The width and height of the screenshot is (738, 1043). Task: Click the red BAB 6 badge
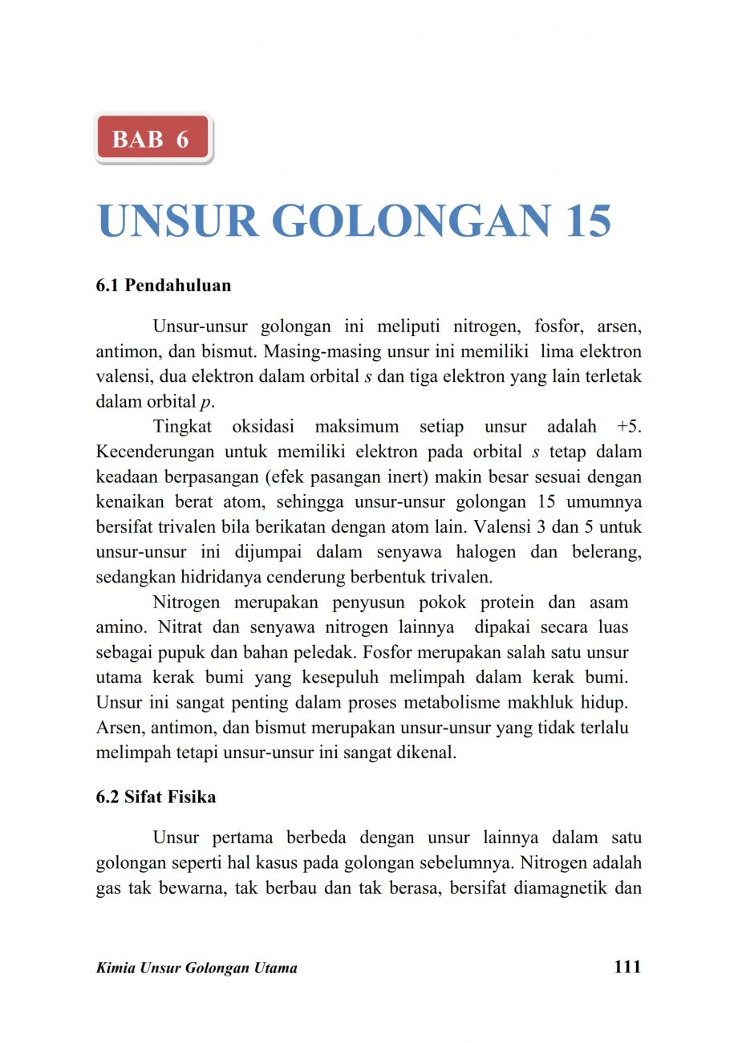click(x=152, y=139)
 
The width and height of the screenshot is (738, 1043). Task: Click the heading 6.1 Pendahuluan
click(x=164, y=286)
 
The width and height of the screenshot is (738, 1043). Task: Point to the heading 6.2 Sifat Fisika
click(x=156, y=797)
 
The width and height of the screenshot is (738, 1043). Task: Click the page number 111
click(x=627, y=967)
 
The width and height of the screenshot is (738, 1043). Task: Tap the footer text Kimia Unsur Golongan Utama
click(x=197, y=968)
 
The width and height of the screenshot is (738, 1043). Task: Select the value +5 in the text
click(x=630, y=427)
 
